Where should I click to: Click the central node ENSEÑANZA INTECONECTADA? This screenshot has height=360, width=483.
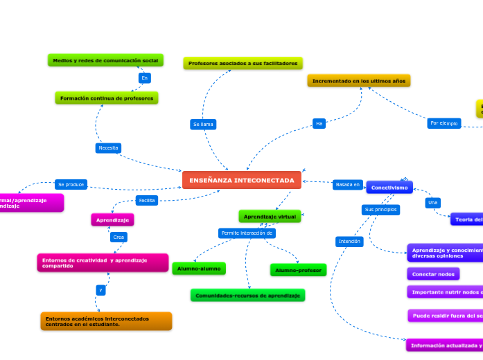(242, 180)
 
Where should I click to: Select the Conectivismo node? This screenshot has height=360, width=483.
(389, 188)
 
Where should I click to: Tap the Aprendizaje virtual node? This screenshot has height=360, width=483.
(270, 217)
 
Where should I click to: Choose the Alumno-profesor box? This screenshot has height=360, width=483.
(298, 270)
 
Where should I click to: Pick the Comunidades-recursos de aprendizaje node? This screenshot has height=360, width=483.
(247, 296)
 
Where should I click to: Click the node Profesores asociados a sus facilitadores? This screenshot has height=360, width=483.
(243, 63)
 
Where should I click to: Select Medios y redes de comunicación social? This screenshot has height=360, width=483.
(105, 60)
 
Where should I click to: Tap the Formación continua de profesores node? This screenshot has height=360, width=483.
(107, 98)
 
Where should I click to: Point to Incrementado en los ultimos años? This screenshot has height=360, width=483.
(358, 81)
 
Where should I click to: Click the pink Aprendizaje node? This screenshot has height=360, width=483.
(112, 219)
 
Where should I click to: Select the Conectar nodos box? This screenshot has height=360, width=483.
(433, 274)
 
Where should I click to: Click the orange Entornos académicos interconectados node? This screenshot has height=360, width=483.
(106, 321)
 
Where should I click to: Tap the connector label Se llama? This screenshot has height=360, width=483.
(203, 125)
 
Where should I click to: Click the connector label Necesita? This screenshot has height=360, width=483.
(108, 148)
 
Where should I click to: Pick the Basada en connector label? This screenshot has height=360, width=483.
(347, 185)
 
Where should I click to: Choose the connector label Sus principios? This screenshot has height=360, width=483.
(380, 209)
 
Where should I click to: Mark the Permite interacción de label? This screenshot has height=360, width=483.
(247, 233)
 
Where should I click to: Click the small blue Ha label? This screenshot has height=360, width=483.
(319, 124)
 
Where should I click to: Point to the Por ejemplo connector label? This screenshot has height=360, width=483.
(444, 123)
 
